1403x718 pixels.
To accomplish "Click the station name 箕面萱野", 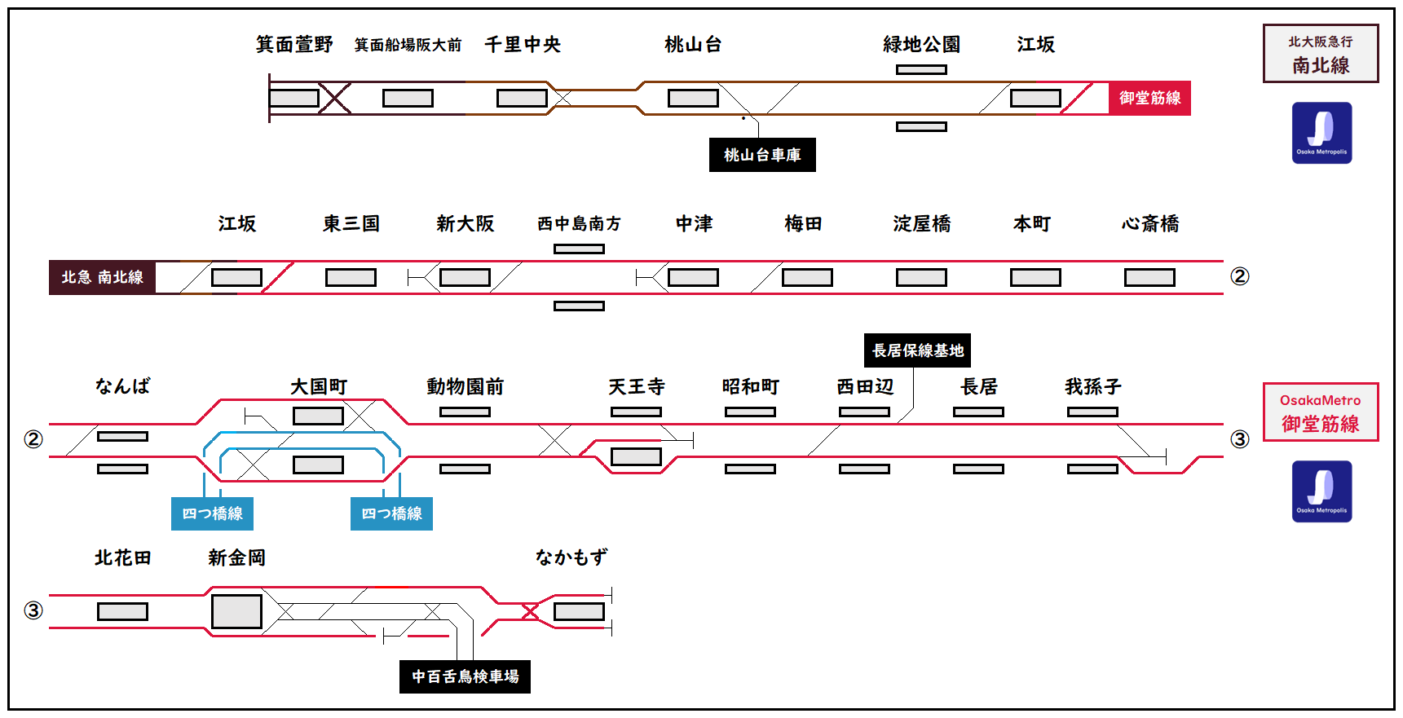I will (294, 45).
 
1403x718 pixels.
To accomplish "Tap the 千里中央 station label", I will (523, 45).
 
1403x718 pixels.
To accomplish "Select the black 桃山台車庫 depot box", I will (762, 155).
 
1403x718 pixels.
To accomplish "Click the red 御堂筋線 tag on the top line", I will (1149, 98).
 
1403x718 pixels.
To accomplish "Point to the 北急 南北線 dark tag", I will (102, 277).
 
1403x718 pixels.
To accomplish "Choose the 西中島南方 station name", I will (579, 223).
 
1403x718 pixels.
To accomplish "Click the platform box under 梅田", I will (807, 278).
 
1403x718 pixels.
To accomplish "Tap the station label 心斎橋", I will (1150, 223).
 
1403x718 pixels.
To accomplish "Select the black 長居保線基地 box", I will (917, 350).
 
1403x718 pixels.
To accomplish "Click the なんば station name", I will (122, 386).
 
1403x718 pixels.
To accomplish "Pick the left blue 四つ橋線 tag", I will (212, 513).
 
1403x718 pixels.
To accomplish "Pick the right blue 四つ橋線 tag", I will (391, 513).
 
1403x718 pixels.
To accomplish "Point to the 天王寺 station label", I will (637, 386).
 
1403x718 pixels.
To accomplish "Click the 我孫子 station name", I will (1093, 386).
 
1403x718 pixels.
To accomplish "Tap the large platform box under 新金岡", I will (236, 611).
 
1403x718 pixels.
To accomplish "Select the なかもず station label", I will (571, 557).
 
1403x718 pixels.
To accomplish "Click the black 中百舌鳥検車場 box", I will (465, 676).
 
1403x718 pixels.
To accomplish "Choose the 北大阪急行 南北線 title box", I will (1321, 54).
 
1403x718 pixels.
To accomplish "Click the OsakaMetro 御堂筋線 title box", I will (1321, 412).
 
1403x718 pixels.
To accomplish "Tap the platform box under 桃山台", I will (693, 99).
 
